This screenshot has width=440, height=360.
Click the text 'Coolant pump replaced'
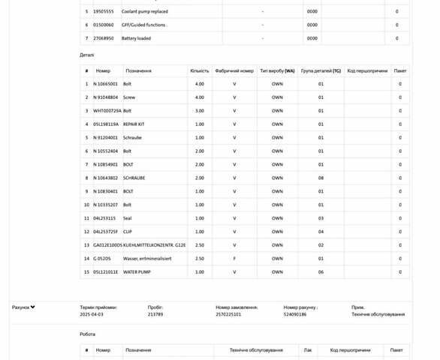pyautogui.click(x=146, y=12)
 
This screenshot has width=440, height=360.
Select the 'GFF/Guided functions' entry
pyautogui.click(x=144, y=25)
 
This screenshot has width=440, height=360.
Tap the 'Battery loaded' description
pyautogui.click(x=137, y=38)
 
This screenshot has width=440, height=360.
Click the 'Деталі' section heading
pyautogui.click(x=87, y=55)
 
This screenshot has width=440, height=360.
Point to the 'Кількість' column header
pyautogui.click(x=200, y=71)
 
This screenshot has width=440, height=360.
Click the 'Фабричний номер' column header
pyautogui.click(x=234, y=71)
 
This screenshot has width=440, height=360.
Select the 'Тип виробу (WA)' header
pyautogui.click(x=277, y=71)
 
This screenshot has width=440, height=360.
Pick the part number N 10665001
pyautogui.click(x=106, y=84)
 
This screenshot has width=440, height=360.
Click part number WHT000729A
pyautogui.click(x=107, y=111)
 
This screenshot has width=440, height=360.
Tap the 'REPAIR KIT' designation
pyautogui.click(x=134, y=124)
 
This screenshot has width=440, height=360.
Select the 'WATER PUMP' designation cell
pyautogui.click(x=137, y=272)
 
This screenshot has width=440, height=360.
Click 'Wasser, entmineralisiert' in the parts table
pyautogui.click(x=148, y=259)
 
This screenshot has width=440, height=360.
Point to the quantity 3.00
pyautogui.click(x=200, y=111)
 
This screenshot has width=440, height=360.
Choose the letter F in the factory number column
pyautogui.click(x=234, y=259)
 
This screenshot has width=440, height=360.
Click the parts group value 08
pyautogui.click(x=321, y=178)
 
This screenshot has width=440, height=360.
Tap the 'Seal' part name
pyautogui.click(x=128, y=218)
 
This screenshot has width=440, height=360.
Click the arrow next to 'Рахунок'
pyautogui.click(x=33, y=307)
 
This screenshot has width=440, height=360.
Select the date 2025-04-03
pyautogui.click(x=92, y=315)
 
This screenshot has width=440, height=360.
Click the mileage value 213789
pyautogui.click(x=155, y=315)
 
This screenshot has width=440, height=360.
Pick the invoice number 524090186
pyautogui.click(x=295, y=315)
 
